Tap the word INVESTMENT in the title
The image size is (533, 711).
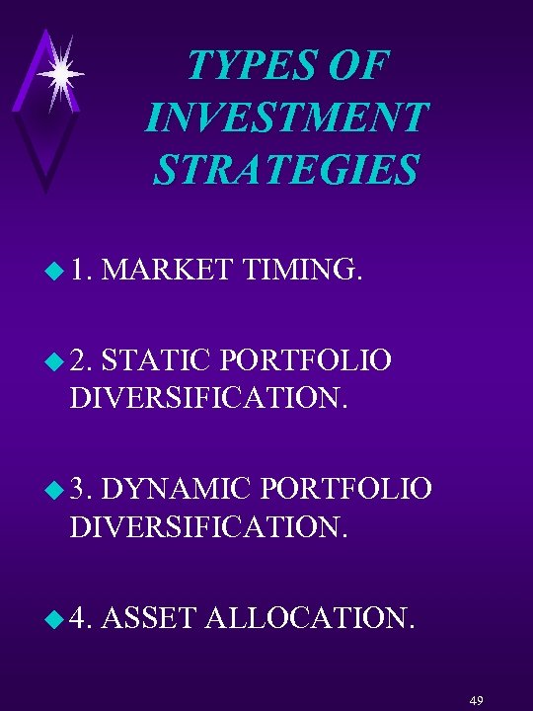pos(286,118)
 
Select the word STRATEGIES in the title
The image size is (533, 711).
pos(286,169)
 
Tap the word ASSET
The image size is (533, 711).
pos(149,620)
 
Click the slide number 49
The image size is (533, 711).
pos(477,699)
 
